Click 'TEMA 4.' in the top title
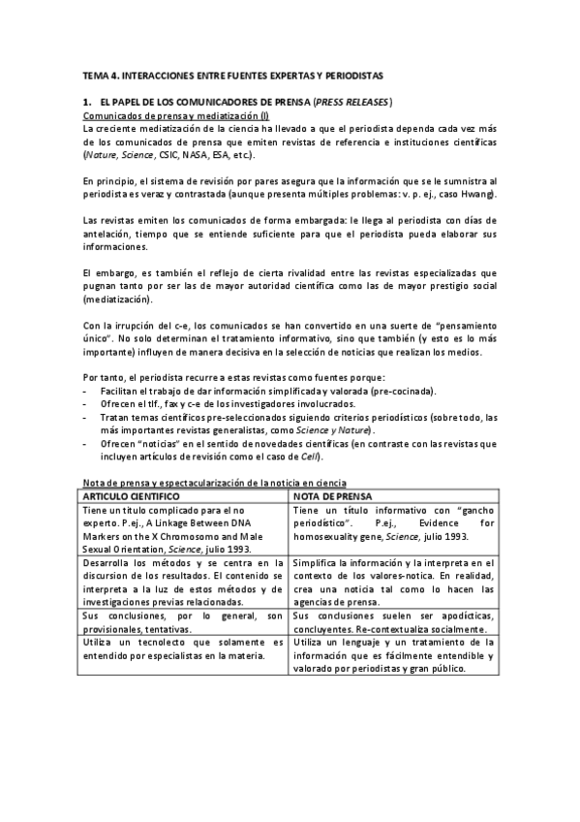98,75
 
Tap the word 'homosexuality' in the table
331,536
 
